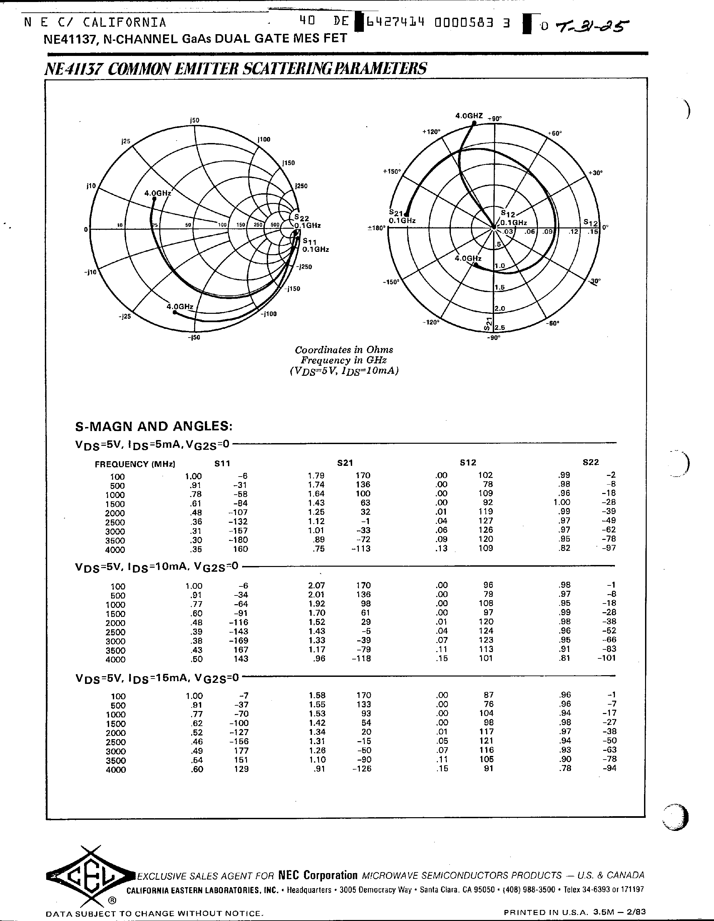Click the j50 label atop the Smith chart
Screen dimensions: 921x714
[x=194, y=120]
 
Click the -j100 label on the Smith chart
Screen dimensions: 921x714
[x=268, y=314]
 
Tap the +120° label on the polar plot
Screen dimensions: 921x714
[x=431, y=132]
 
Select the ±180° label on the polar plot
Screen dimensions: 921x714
[x=376, y=228]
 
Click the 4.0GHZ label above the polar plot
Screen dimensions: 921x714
[x=469, y=116]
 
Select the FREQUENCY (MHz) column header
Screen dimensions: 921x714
[x=135, y=464]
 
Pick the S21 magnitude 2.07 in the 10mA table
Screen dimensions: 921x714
[x=317, y=585]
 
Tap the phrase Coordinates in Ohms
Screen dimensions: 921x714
[x=343, y=350]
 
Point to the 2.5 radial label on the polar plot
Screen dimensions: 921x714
[x=499, y=328]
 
